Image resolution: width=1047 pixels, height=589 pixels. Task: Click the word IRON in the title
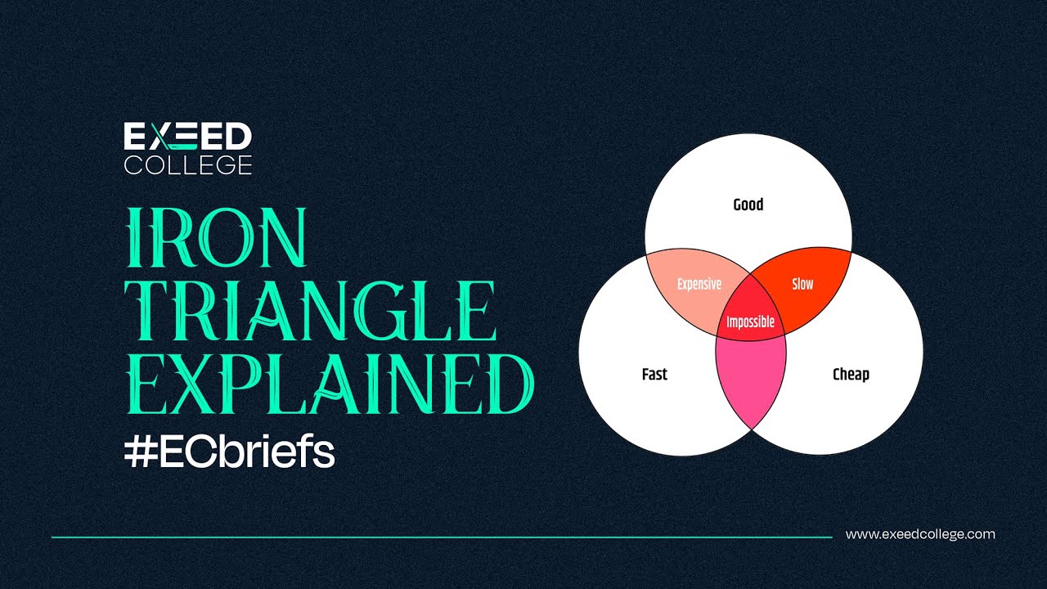click(x=217, y=238)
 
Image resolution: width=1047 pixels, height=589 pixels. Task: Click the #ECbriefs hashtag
click(x=230, y=450)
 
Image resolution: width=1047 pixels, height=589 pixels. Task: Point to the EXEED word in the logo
click(x=188, y=137)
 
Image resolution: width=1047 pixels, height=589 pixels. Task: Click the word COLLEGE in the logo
click(x=188, y=164)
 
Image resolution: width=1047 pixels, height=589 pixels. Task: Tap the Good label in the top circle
click(x=748, y=205)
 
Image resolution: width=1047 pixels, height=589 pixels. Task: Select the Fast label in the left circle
click(x=654, y=375)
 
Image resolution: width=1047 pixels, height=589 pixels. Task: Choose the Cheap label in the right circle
click(x=851, y=375)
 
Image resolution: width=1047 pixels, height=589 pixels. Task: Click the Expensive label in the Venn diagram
click(x=699, y=284)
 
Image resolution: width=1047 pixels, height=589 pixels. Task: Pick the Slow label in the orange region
click(x=802, y=284)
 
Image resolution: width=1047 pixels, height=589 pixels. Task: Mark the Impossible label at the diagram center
click(x=750, y=321)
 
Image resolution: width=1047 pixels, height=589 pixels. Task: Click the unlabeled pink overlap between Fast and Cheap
click(x=751, y=376)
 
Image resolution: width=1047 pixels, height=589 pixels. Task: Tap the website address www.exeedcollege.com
click(x=920, y=534)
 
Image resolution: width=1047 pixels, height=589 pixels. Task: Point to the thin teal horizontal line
click(x=442, y=537)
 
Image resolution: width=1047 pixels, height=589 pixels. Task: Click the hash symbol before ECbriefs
click(x=140, y=451)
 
